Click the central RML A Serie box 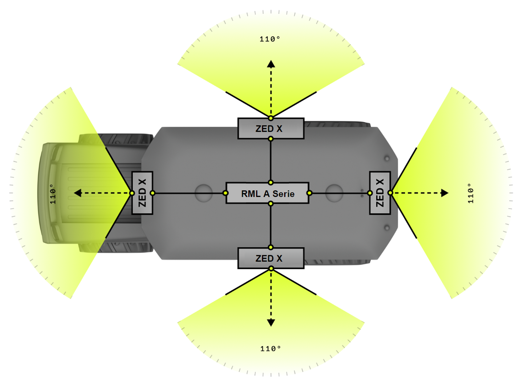(267, 193)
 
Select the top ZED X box (270, 129)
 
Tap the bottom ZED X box (270, 258)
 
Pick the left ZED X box (142, 193)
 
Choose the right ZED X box (380, 193)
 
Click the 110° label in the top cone (270, 39)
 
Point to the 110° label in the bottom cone (270, 349)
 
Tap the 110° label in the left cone (53, 194)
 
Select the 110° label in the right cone (471, 193)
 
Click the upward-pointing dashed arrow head (271, 65)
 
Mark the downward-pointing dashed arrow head (271, 322)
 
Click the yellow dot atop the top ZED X (271, 118)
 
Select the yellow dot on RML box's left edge (226, 193)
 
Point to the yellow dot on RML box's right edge (309, 193)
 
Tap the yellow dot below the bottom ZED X (271, 269)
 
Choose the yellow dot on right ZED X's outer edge (390, 193)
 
